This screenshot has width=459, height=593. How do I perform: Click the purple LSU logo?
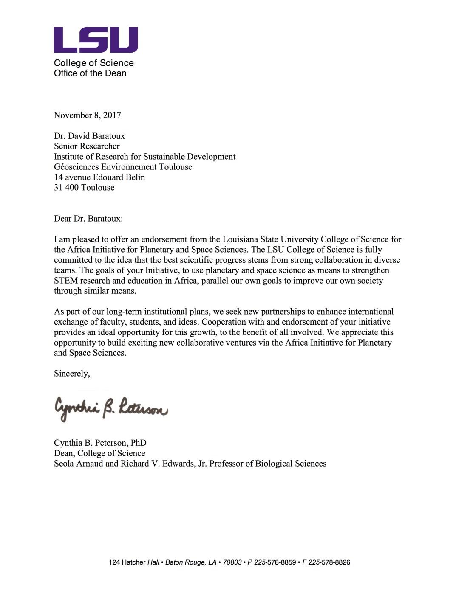click(x=96, y=39)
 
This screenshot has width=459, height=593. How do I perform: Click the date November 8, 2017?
click(x=87, y=115)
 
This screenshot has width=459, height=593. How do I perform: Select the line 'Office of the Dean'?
click(x=90, y=73)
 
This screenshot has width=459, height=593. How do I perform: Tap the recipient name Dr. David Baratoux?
click(x=89, y=136)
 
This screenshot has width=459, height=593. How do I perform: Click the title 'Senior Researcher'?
click(x=87, y=146)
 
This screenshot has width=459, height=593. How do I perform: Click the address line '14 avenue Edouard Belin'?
click(x=99, y=177)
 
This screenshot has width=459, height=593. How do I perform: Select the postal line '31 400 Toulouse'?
click(x=84, y=188)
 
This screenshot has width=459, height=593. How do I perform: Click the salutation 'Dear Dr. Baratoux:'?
click(x=88, y=219)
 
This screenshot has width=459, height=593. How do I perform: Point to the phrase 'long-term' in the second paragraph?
click(x=124, y=312)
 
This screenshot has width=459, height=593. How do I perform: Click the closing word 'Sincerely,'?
click(x=72, y=374)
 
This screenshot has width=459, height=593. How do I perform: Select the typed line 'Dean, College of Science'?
click(x=99, y=453)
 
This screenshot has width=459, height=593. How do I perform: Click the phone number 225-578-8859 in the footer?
click(x=275, y=562)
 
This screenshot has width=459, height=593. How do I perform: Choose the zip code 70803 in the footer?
click(x=232, y=562)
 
